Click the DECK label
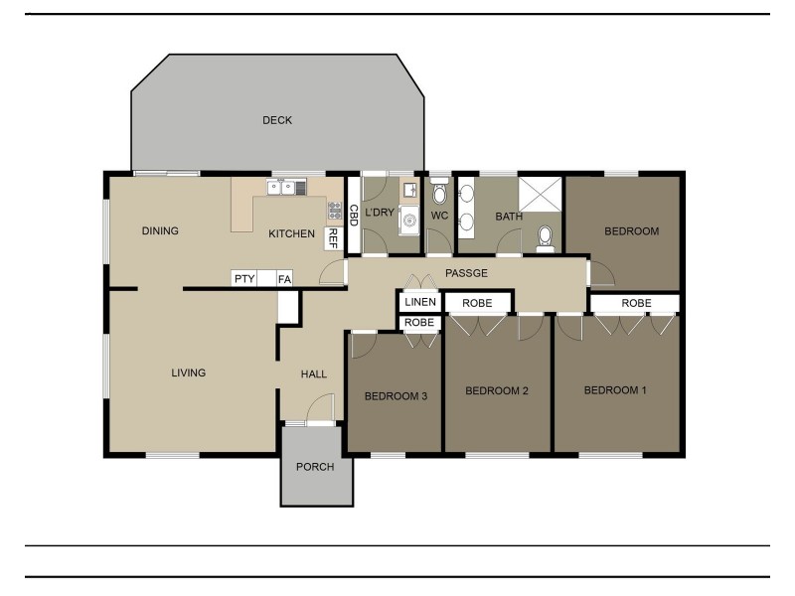[x=277, y=120]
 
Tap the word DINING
[x=160, y=231]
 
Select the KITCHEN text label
[x=292, y=234]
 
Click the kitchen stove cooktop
[x=335, y=210]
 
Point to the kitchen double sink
[x=280, y=187]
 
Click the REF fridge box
[x=334, y=238]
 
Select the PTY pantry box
[x=244, y=279]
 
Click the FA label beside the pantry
[x=284, y=279]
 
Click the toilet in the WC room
[x=439, y=194]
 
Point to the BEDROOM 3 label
[x=396, y=396]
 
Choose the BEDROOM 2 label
[x=496, y=390]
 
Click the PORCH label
[x=315, y=467]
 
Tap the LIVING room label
[x=188, y=372]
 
